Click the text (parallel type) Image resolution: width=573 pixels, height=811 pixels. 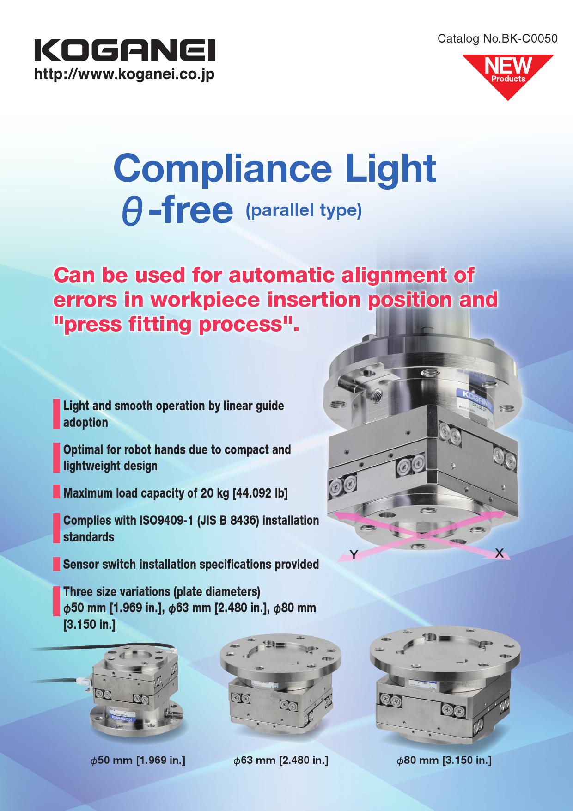[304, 210]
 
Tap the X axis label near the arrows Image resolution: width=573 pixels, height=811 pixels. [499, 552]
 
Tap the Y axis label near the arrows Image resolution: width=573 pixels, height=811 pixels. [354, 554]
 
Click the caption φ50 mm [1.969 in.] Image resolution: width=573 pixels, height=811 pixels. [137, 760]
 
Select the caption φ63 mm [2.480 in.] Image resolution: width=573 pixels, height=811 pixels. [280, 760]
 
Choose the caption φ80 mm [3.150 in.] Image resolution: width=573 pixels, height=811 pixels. [444, 760]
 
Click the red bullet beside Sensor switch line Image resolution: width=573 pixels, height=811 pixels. [56, 565]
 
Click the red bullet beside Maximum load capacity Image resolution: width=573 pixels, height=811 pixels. [56, 492]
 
